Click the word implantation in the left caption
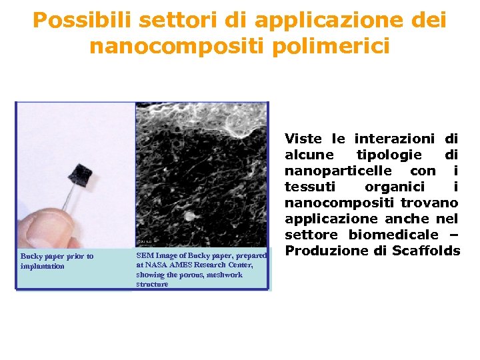(x=42, y=266)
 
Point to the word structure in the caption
(x=152, y=284)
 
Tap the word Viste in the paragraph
(x=303, y=139)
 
